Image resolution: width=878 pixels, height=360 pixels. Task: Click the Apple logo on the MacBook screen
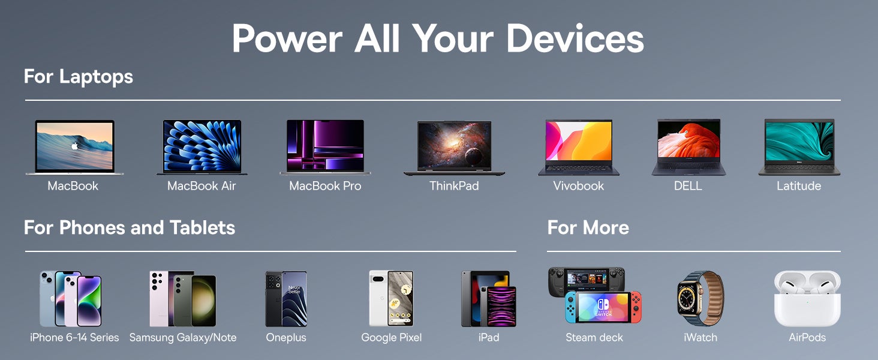tap(74, 146)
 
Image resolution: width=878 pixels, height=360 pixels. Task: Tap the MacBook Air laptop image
tap(202, 147)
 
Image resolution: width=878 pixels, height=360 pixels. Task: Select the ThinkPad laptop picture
tap(454, 148)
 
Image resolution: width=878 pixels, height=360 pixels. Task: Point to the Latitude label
tap(799, 186)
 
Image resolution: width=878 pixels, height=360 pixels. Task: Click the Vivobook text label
tap(578, 186)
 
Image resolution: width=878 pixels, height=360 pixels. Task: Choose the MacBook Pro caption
tap(325, 186)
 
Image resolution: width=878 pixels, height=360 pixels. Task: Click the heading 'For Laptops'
tap(79, 77)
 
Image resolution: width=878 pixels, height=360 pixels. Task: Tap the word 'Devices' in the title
tap(575, 38)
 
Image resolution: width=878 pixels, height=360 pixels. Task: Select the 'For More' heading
tap(588, 227)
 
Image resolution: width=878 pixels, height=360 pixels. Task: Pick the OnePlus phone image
tap(286, 299)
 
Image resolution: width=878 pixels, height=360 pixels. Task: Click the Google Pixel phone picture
tap(391, 298)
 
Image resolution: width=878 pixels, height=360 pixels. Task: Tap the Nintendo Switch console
tap(603, 307)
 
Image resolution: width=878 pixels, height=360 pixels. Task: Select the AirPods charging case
tap(807, 299)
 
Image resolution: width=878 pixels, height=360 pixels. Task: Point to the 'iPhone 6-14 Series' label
tap(74, 337)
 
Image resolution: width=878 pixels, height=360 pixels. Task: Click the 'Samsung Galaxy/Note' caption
tap(183, 337)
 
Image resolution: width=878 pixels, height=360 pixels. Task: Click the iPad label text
tap(489, 337)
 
